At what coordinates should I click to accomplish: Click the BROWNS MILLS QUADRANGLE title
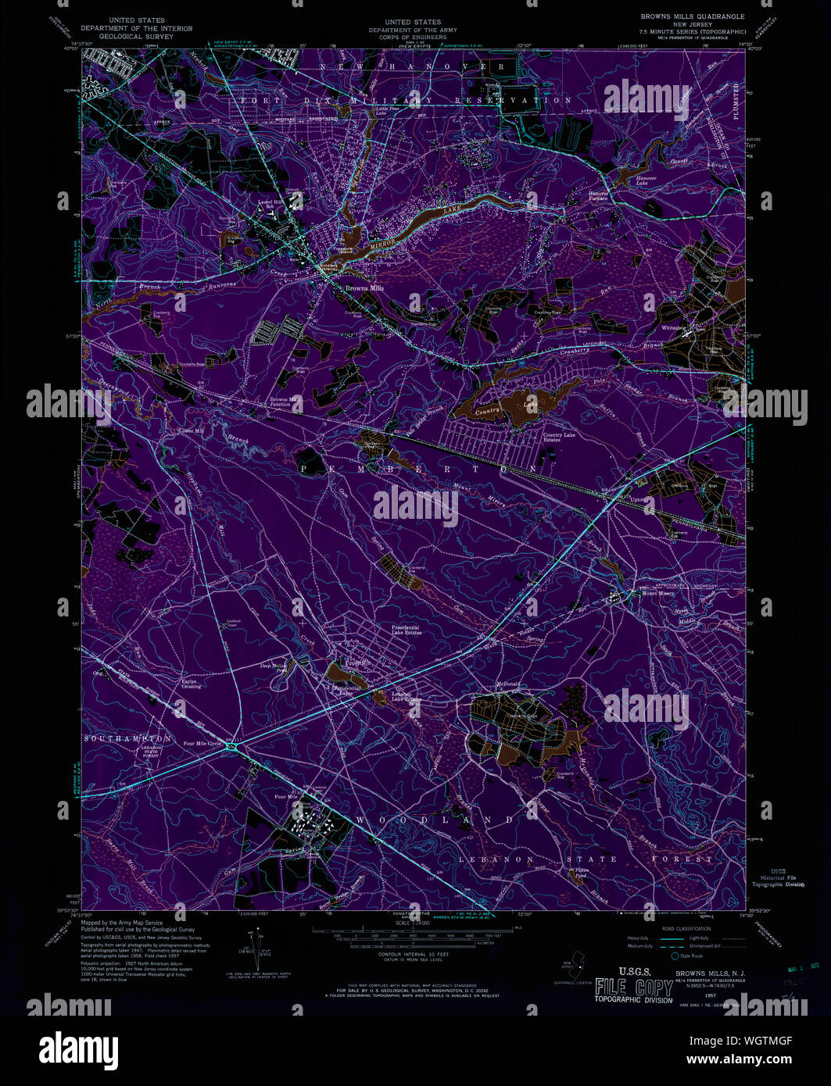point(693,16)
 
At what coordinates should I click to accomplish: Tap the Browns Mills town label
point(365,288)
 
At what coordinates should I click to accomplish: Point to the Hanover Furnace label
point(599,195)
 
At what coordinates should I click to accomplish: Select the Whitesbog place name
point(673,328)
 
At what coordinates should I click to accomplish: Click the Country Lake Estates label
point(559,438)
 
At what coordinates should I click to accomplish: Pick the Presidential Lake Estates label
point(407,630)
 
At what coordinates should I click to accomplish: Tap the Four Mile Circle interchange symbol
point(232,748)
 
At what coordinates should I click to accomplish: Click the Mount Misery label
point(658,594)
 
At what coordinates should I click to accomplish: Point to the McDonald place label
point(507,684)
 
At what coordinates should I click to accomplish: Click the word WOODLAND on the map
point(436,820)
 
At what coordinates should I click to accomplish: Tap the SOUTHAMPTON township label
point(127,738)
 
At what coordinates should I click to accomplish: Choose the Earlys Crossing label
point(191,684)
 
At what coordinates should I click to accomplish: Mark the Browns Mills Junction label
point(285,402)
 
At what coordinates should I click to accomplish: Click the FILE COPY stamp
point(633,988)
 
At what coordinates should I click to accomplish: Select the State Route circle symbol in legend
point(674,956)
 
